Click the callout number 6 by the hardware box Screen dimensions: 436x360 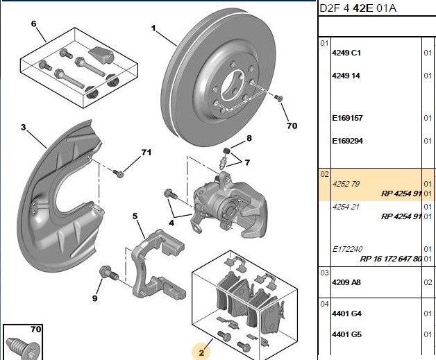[33, 24]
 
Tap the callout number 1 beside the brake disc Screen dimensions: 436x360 [153, 28]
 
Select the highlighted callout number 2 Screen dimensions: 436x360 [201, 353]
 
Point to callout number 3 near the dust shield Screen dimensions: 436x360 [24, 127]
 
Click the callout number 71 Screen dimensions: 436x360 [146, 152]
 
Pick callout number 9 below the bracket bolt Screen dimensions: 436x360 [95, 298]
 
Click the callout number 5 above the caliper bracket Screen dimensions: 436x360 [135, 216]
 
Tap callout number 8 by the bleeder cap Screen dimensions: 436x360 [249, 138]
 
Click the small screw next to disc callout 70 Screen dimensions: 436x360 [278, 98]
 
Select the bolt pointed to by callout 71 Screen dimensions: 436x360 [118, 173]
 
